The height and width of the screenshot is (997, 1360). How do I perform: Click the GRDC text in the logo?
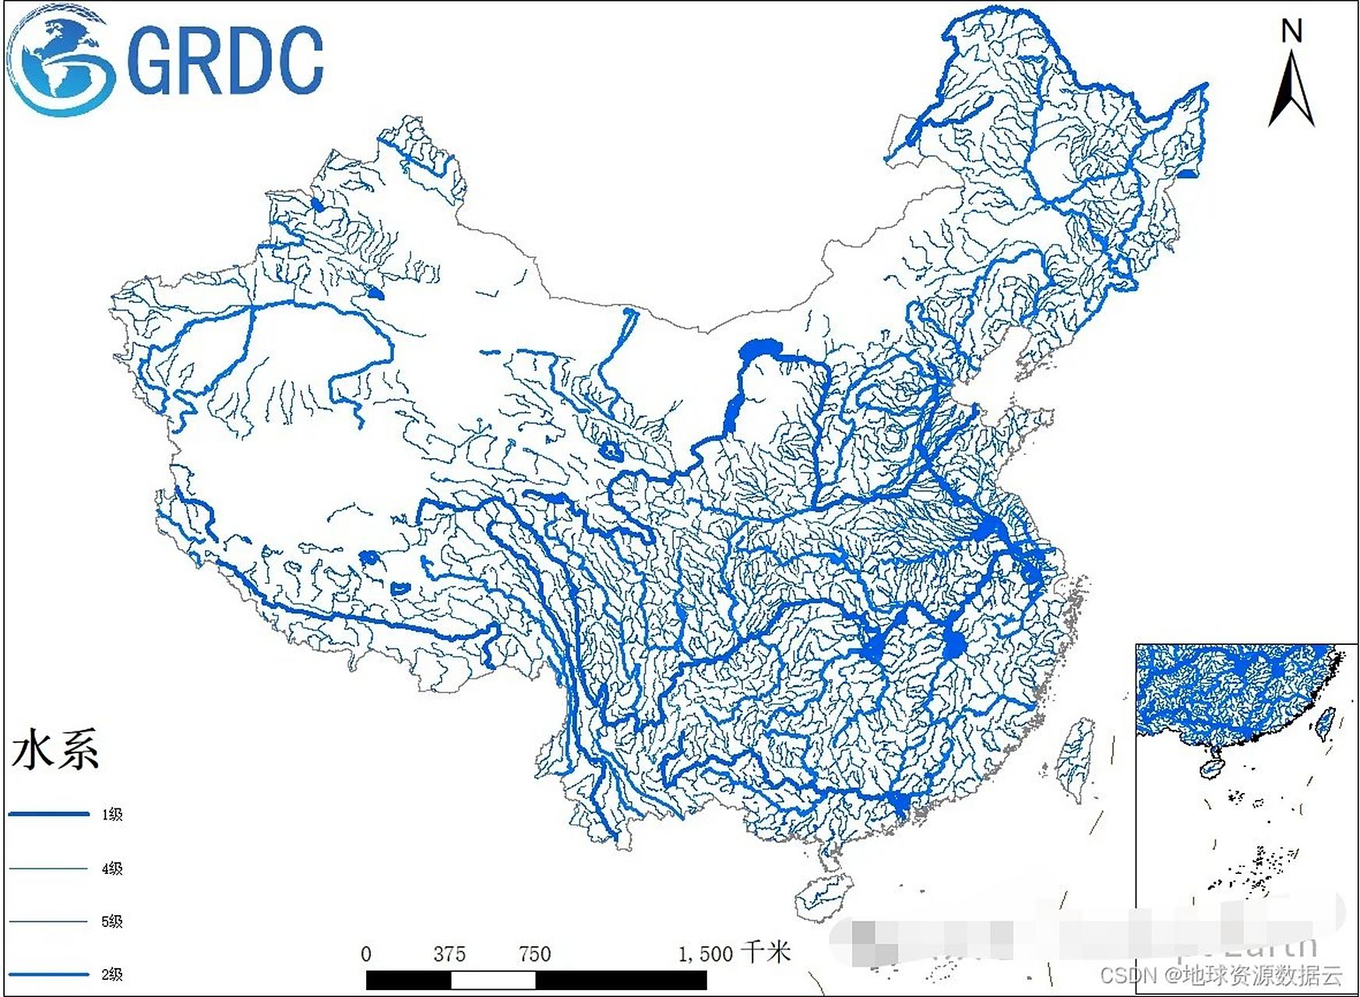(224, 59)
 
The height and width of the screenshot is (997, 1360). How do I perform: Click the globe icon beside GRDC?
(61, 59)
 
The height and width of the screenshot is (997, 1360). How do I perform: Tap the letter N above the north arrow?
(1291, 31)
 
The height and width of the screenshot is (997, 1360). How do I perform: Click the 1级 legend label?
(112, 815)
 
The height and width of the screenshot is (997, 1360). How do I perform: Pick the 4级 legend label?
(112, 868)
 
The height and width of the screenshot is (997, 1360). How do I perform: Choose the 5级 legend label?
(112, 921)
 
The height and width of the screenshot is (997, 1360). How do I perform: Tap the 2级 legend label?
(112, 974)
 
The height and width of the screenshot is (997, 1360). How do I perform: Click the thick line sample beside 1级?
(49, 815)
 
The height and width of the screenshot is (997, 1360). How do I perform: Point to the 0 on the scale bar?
(366, 954)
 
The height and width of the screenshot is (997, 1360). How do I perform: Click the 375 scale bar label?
(449, 954)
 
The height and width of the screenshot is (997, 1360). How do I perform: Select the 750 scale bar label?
(534, 954)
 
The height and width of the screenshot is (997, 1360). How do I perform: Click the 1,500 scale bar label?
(705, 954)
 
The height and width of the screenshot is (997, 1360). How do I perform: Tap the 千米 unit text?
(766, 952)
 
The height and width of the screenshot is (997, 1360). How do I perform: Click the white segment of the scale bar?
(493, 980)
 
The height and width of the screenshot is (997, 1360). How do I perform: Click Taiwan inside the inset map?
(1325, 721)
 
